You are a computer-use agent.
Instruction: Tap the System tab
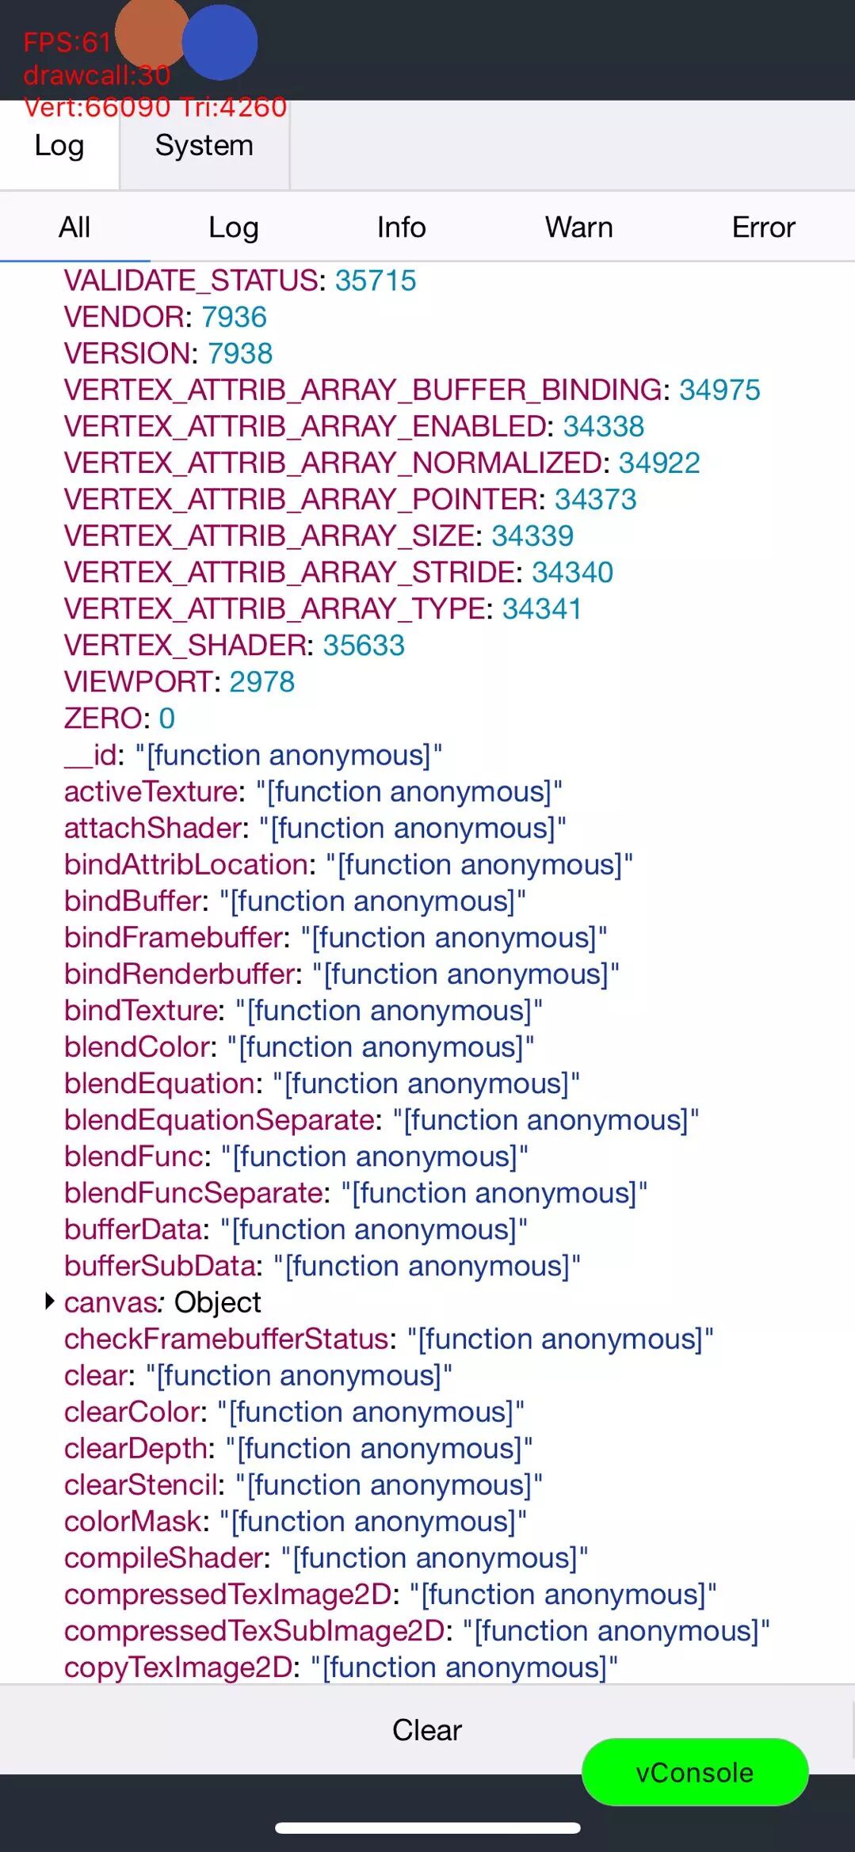pos(204,146)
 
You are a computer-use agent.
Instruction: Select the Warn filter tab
pos(578,227)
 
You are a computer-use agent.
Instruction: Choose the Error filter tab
pos(762,227)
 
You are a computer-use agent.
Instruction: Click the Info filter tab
pos(401,227)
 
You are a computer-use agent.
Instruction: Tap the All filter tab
pos(74,227)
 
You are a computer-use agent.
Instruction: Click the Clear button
pos(426,1729)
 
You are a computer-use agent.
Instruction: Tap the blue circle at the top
pos(220,43)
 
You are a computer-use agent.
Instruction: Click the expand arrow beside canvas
pos(49,1301)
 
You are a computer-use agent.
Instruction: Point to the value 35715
pos(375,280)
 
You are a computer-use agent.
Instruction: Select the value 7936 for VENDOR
pos(234,317)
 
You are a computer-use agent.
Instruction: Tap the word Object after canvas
pos(217,1302)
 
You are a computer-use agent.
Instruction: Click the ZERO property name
pos(103,718)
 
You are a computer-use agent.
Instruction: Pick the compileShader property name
pos(164,1558)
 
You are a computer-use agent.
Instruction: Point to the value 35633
pos(364,646)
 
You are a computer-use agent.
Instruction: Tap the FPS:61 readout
pos(67,42)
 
